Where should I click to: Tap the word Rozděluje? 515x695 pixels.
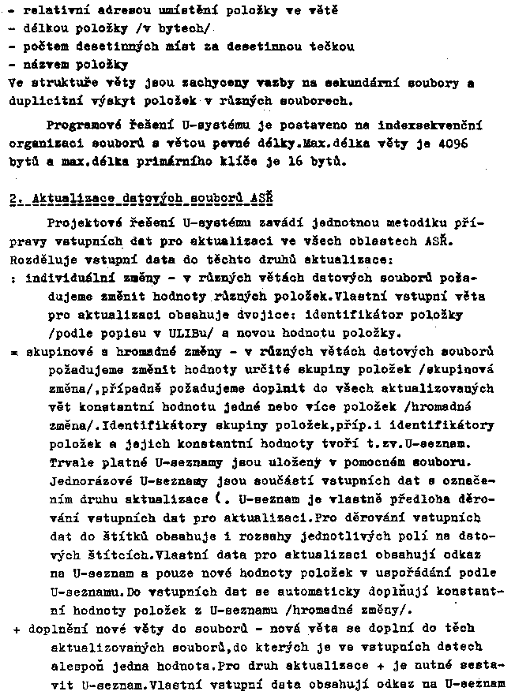pyautogui.click(x=41, y=258)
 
